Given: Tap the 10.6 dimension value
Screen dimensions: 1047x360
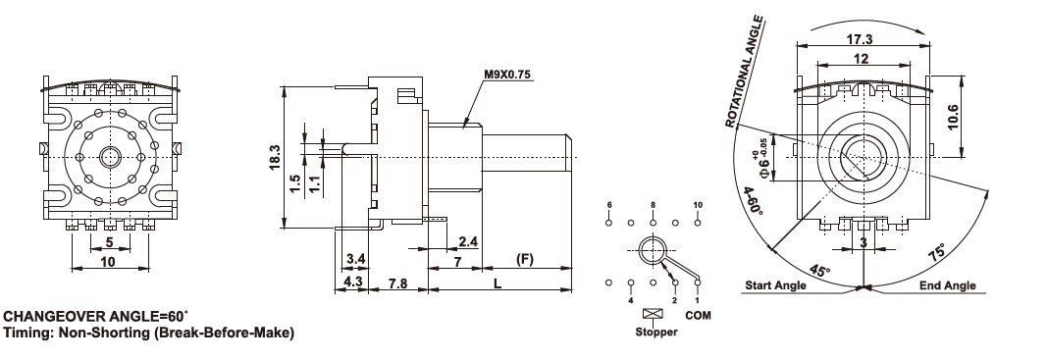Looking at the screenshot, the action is click(954, 118).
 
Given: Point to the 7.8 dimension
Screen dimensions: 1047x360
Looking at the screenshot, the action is click(397, 283).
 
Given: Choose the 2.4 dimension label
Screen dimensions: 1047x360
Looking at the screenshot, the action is click(467, 241).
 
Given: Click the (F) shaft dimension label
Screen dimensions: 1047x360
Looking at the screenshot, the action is click(526, 259).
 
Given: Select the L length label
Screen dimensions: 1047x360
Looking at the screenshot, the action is click(497, 283).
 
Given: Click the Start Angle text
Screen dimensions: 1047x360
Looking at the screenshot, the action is click(775, 285).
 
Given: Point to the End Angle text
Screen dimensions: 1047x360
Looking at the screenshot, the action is click(948, 285).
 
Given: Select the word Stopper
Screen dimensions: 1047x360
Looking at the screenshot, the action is click(655, 332).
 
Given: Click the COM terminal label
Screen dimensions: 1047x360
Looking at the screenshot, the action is click(699, 315).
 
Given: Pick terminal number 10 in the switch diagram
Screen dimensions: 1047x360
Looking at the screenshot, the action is click(698, 204).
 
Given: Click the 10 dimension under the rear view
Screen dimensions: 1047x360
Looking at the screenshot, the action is click(108, 262).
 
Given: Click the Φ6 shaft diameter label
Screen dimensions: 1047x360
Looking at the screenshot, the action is click(761, 158).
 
